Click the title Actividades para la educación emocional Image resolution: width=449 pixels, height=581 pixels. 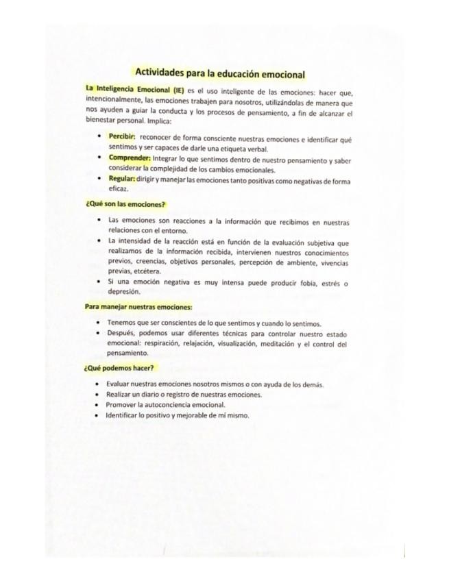click(219, 73)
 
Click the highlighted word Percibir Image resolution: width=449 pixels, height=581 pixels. click(122, 138)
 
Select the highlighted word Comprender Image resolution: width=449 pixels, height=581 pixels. click(129, 158)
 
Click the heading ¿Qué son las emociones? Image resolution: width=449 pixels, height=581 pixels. click(125, 204)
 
